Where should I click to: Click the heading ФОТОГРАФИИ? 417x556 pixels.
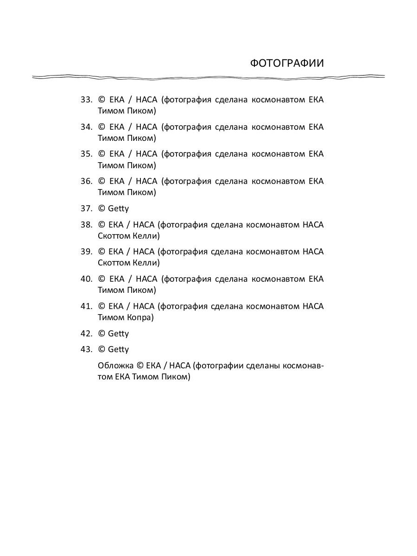[x=287, y=63]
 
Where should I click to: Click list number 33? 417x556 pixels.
[x=86, y=100]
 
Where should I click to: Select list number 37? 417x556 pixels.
[x=86, y=208]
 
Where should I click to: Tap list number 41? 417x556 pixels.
[x=86, y=306]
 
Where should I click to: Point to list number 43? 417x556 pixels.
[x=86, y=349]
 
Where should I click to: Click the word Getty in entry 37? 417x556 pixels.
[x=118, y=209]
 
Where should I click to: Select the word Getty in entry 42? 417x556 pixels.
[x=118, y=334]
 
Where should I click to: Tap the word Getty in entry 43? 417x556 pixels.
[x=118, y=349]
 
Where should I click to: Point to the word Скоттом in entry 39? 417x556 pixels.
[x=114, y=263]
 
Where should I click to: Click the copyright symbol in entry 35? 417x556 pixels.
[x=101, y=154]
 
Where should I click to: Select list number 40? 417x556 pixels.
[x=86, y=279]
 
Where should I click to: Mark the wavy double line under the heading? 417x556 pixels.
[x=208, y=77]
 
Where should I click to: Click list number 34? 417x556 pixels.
[x=86, y=127]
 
